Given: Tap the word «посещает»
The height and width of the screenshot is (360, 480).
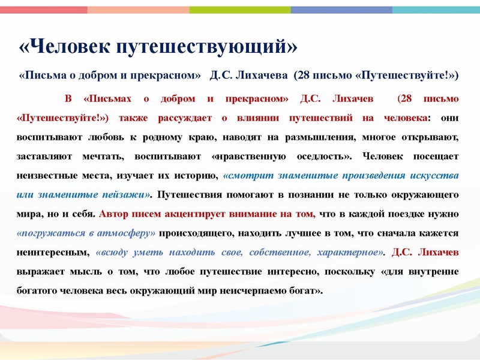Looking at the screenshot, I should (x=435, y=156).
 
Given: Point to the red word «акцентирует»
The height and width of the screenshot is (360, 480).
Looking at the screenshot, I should (x=197, y=214).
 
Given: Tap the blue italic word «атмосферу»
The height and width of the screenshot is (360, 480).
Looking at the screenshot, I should (x=127, y=233).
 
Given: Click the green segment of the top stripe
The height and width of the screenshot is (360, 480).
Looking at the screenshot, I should (x=240, y=10).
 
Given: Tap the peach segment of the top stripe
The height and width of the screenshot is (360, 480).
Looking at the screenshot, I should (x=138, y=10).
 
